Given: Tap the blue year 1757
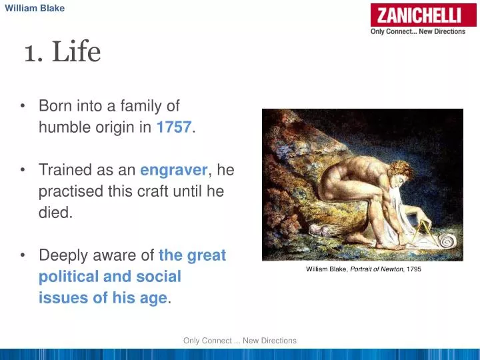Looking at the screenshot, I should tap(174, 128).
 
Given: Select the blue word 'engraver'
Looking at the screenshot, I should tap(174, 170).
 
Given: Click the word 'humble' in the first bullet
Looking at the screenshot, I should tap(63, 128).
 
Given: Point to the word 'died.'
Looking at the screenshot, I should tap(55, 213).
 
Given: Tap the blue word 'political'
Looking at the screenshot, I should tap(70, 277).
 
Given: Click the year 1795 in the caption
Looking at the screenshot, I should tap(413, 269).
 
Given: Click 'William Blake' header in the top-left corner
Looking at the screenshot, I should tap(35, 8).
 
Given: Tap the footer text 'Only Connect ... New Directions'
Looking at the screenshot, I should tap(239, 341).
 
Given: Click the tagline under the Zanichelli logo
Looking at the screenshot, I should tap(417, 31).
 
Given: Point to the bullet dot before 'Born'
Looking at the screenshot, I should tap(23, 107).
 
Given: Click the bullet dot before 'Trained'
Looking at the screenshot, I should tap(23, 170).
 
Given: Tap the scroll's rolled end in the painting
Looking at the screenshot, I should tap(445, 241).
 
